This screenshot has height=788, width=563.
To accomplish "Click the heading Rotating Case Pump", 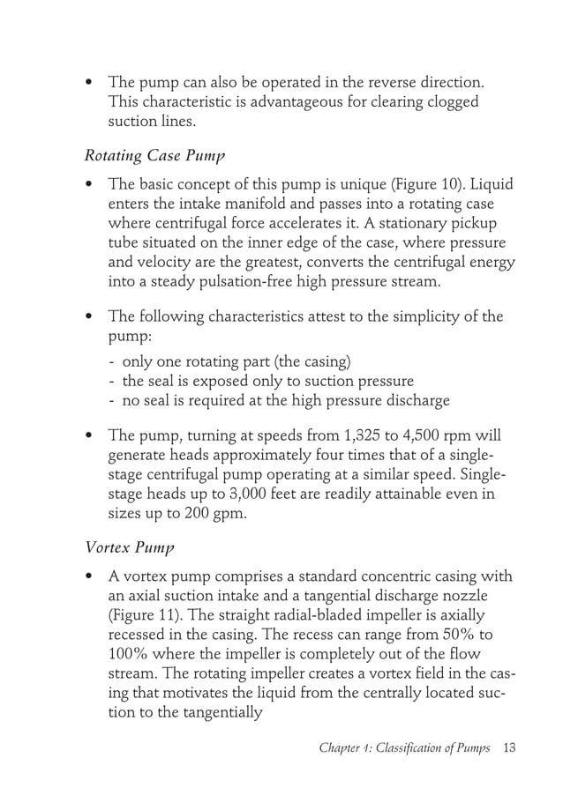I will pos(154,156).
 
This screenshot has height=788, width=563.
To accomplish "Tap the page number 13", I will pos(507,748).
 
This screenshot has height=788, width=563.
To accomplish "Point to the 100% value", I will pos(130,655).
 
